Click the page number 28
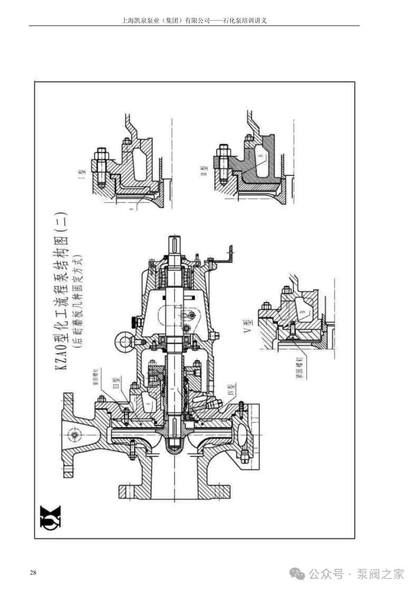coord(33,573)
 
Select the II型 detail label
coord(204,171)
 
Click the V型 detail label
coord(247,326)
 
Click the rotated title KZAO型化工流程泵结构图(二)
coord(61,290)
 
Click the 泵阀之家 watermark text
coord(380,574)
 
